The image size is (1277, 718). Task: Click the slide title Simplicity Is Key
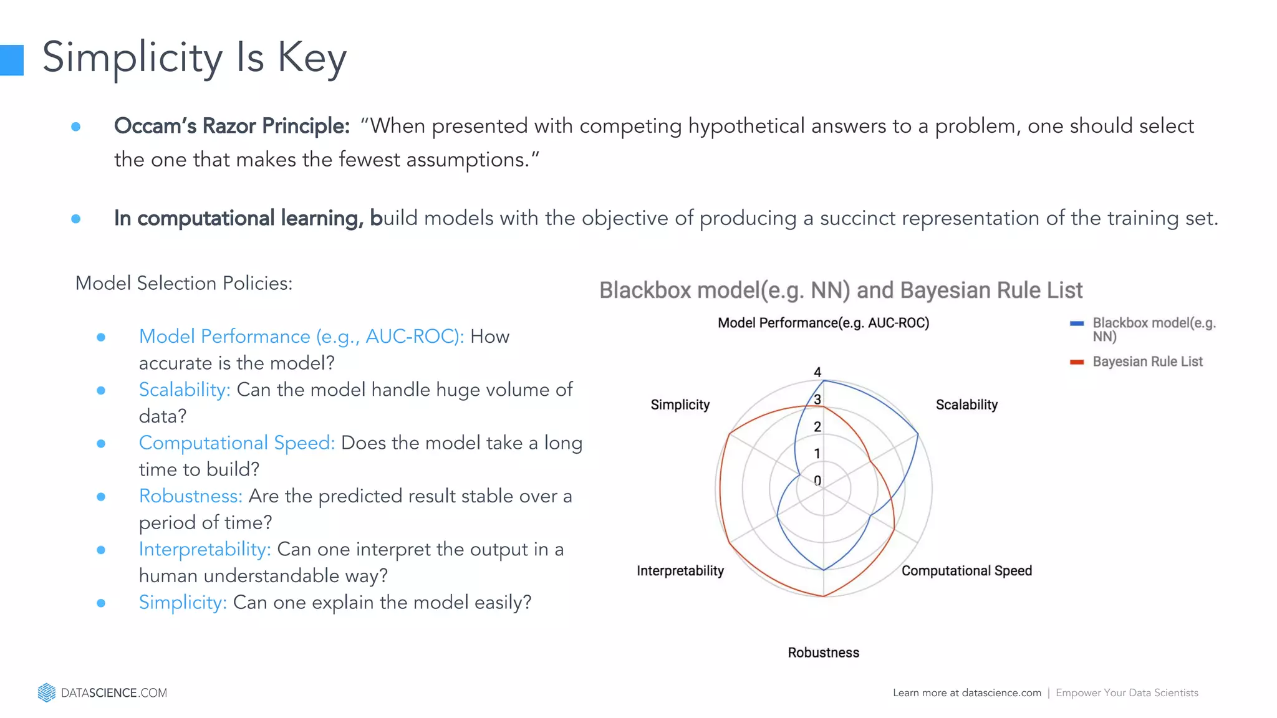tap(194, 57)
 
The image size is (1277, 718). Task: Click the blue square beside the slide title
tap(11, 60)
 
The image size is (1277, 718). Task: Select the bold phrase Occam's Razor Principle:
tap(231, 126)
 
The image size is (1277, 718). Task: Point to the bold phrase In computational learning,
tap(238, 218)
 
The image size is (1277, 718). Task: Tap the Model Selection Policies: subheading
tap(184, 284)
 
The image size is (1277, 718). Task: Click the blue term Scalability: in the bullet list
tap(185, 390)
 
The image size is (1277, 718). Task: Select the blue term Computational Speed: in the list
tap(237, 443)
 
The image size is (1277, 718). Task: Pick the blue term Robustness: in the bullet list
tap(191, 496)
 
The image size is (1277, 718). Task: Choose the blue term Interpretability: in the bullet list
tap(205, 549)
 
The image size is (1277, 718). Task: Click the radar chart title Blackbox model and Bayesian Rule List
tap(841, 290)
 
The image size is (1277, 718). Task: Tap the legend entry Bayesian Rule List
tap(1147, 361)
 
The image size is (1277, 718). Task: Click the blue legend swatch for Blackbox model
tap(1076, 323)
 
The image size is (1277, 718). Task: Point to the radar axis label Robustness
tap(823, 653)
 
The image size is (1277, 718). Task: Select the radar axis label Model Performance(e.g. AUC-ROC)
tap(823, 323)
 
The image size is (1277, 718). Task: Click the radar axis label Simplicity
tap(680, 404)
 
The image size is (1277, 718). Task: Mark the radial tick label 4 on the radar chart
tap(817, 372)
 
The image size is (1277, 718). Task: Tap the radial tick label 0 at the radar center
tap(817, 481)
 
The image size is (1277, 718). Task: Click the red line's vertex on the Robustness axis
tap(824, 596)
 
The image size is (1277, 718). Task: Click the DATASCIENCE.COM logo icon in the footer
tap(47, 692)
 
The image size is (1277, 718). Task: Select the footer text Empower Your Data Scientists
tap(1127, 692)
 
